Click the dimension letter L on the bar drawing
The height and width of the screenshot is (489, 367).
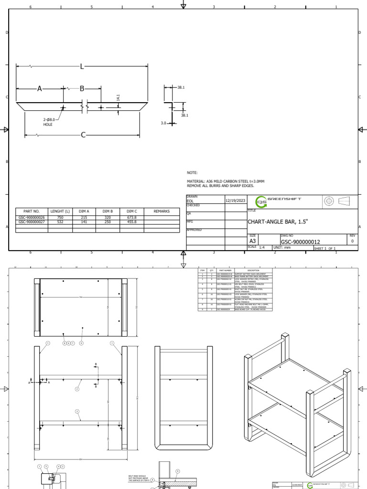click(x=82, y=66)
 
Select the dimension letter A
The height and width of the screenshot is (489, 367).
click(x=40, y=89)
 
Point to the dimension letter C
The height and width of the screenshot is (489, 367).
click(x=83, y=135)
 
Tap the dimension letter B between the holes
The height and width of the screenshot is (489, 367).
click(x=82, y=89)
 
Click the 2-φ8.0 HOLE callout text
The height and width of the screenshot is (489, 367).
click(x=49, y=122)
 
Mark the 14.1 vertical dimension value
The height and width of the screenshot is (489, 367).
click(x=118, y=97)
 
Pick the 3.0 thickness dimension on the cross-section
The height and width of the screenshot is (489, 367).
click(x=163, y=123)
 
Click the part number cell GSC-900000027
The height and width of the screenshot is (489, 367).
click(x=32, y=222)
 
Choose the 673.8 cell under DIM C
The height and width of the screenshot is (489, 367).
click(x=132, y=217)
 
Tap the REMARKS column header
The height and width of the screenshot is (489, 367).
click(x=162, y=211)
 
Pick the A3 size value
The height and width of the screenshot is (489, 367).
click(x=253, y=242)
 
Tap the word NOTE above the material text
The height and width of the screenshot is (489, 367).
click(x=192, y=173)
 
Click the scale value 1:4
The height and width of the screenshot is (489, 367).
click(x=262, y=247)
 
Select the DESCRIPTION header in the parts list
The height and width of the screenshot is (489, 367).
click(x=253, y=270)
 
